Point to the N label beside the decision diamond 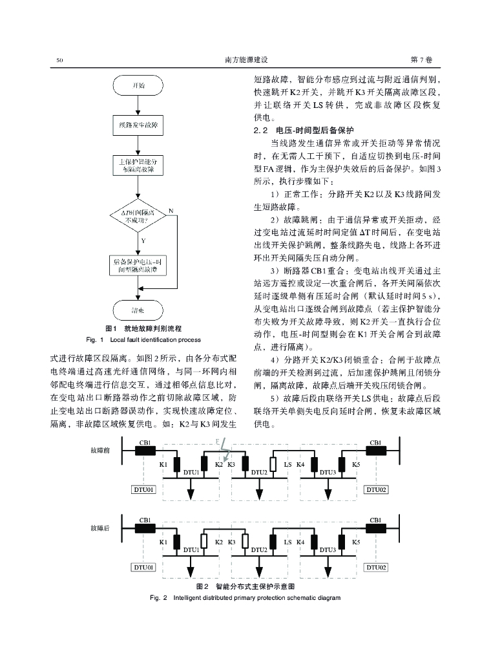[x=171, y=211]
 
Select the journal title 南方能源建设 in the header [x=245, y=60]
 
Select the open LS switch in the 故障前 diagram [x=274, y=465]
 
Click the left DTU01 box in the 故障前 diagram [x=144, y=490]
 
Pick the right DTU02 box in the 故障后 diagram [x=377, y=567]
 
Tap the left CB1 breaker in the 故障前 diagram [x=145, y=451]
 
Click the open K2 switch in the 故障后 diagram [x=204, y=542]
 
